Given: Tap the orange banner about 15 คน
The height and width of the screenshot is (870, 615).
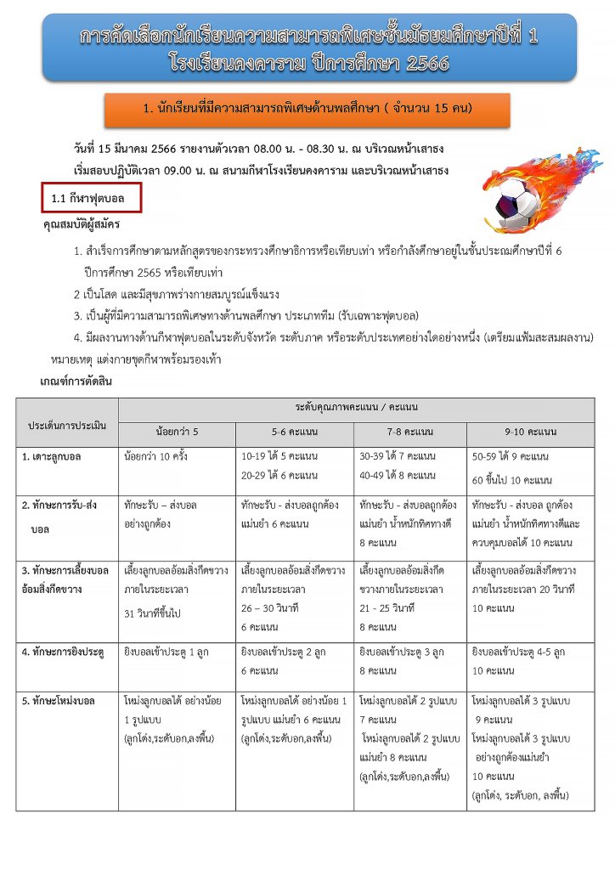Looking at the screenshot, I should [307, 109].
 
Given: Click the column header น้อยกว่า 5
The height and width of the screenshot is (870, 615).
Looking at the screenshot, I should [177, 432].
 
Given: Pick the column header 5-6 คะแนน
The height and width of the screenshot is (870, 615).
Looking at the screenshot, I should [295, 432].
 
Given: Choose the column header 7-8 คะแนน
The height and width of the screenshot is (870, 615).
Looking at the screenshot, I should [409, 432].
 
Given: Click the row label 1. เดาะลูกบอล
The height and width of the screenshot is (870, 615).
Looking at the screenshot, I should [53, 457].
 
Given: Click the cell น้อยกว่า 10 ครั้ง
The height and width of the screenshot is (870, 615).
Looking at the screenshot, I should [155, 457].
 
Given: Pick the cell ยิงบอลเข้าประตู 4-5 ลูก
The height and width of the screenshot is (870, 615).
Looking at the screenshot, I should [518, 652].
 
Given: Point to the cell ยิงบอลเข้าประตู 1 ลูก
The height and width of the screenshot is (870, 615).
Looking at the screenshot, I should [164, 652].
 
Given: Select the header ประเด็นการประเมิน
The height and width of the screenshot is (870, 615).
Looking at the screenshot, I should [68, 421].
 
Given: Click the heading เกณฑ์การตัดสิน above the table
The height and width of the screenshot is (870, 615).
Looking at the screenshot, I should [76, 381].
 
